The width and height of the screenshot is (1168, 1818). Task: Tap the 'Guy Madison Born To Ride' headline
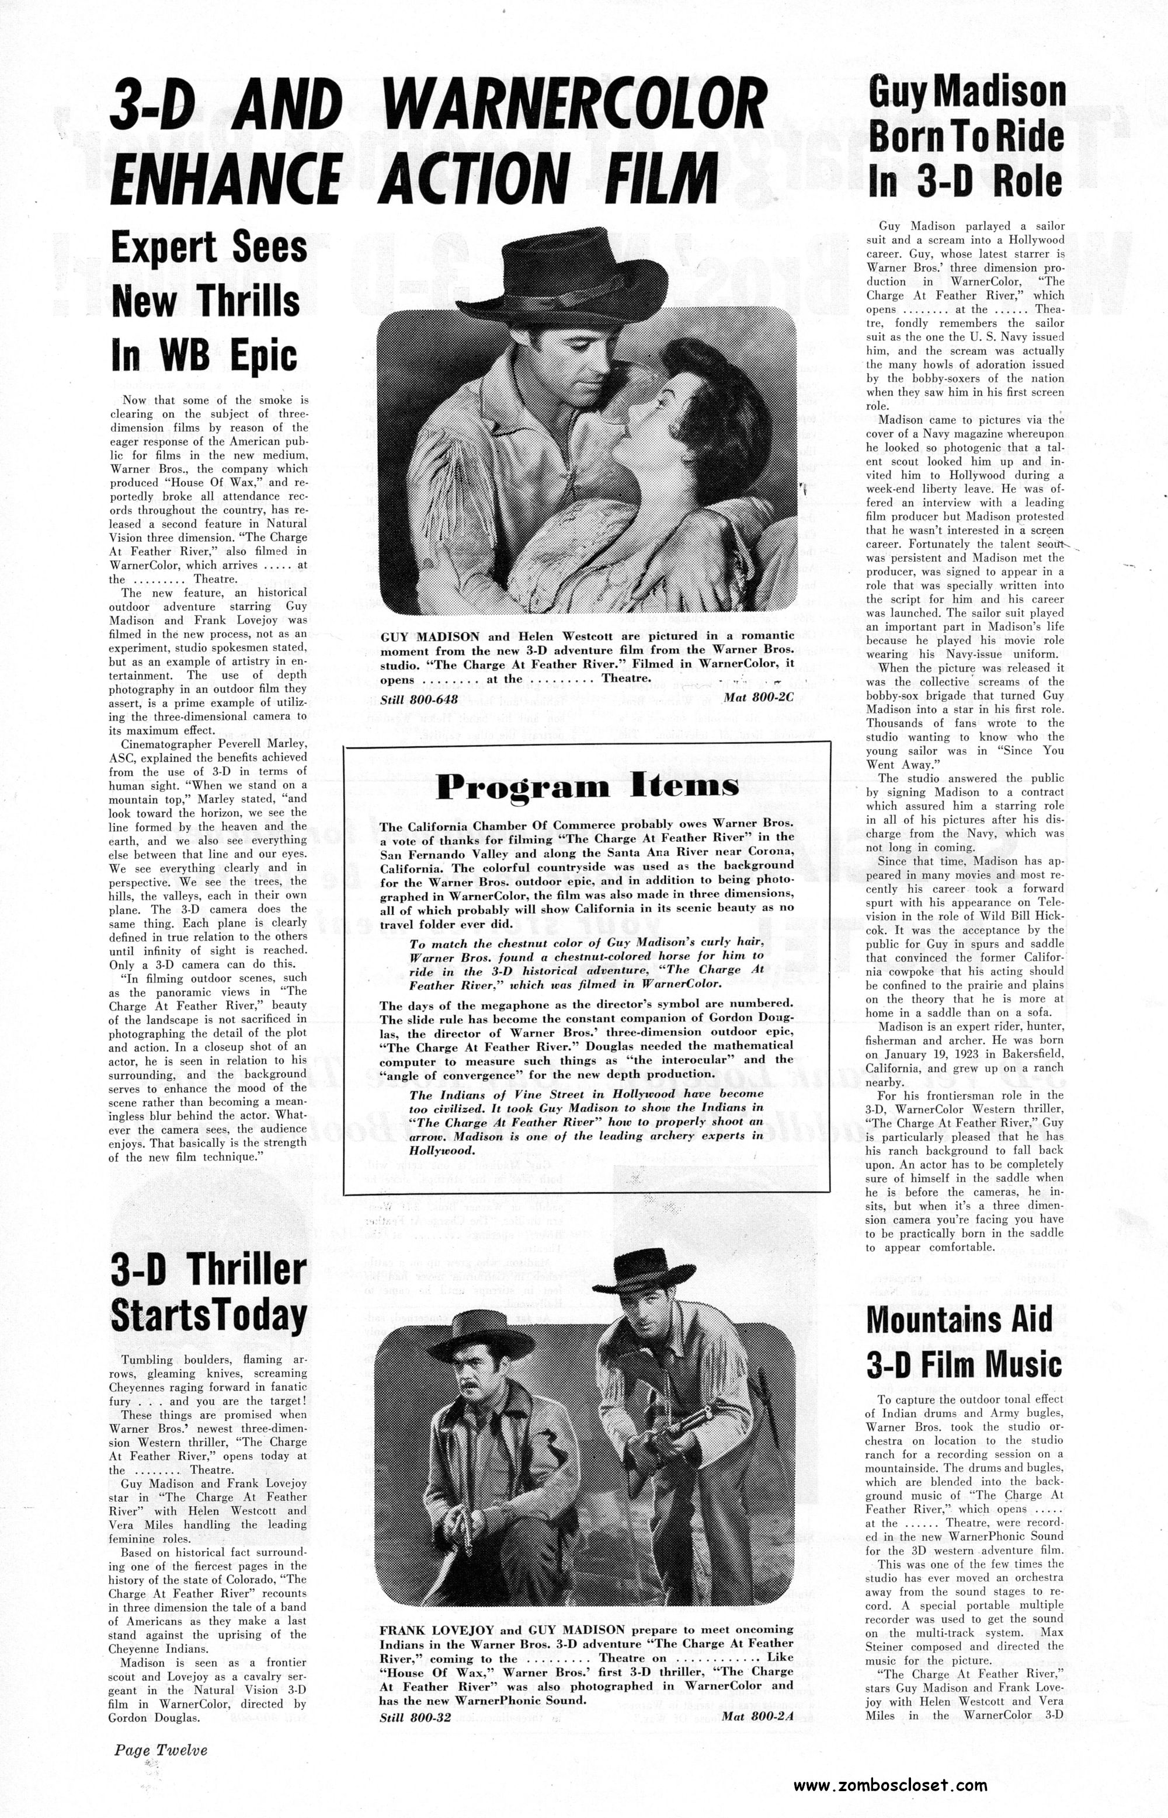tap(967, 139)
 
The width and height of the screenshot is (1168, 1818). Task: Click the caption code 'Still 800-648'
tap(418, 699)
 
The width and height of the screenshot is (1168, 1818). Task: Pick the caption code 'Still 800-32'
tap(415, 1691)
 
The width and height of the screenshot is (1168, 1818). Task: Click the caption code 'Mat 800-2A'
tap(757, 1691)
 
